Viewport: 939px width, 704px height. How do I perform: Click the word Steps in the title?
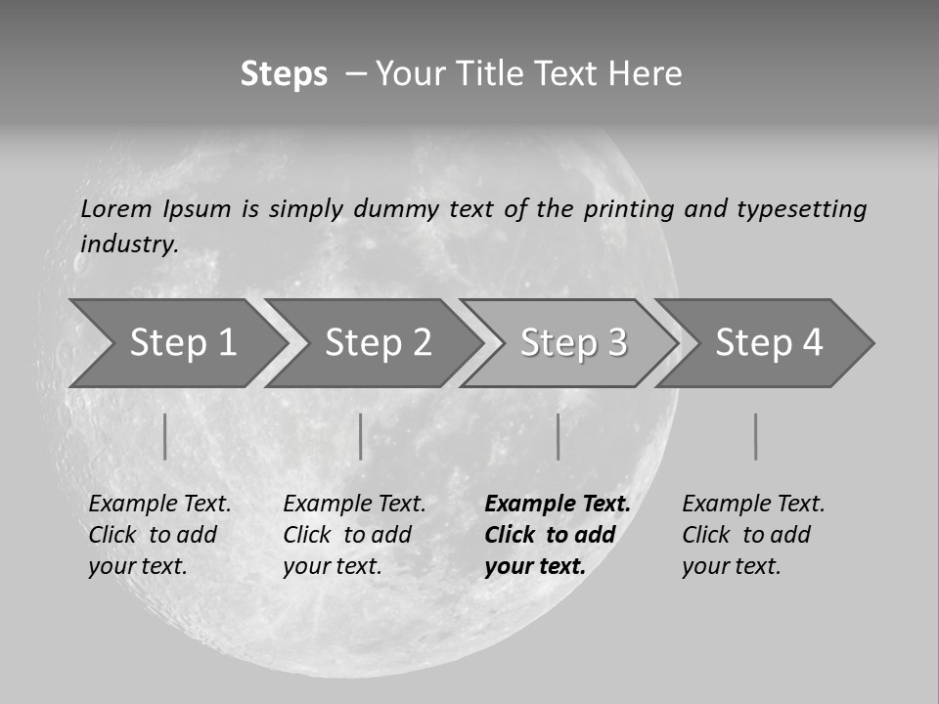pyautogui.click(x=284, y=74)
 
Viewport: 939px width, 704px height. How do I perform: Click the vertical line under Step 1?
pyautogui.click(x=164, y=436)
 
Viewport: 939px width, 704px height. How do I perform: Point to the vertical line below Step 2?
pyautogui.click(x=360, y=436)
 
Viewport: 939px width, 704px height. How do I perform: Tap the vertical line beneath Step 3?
pyautogui.click(x=558, y=436)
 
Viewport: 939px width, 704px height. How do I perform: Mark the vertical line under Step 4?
pyautogui.click(x=755, y=436)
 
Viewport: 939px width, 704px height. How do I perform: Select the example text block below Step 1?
pyautogui.click(x=159, y=535)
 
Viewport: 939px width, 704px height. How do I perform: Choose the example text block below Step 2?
pyautogui.click(x=354, y=535)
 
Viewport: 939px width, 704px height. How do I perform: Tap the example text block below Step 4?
pyautogui.click(x=753, y=535)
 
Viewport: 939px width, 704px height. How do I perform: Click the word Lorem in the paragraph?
pyautogui.click(x=115, y=209)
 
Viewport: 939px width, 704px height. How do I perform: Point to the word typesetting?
pyautogui.click(x=801, y=209)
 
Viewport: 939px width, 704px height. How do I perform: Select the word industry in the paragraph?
pyautogui.click(x=129, y=244)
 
